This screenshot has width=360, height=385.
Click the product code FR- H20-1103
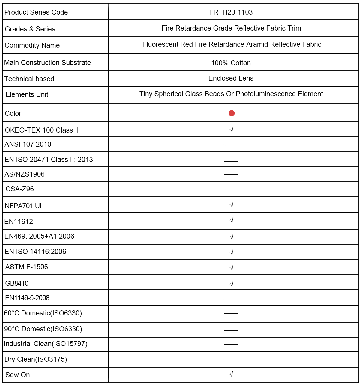231,12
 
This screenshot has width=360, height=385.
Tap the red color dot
231,113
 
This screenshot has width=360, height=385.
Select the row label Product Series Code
36,12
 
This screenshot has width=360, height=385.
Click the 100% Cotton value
231,63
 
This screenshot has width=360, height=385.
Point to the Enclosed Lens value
231,78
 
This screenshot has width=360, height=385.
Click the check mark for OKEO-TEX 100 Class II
231,130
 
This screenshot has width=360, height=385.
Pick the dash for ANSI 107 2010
231,145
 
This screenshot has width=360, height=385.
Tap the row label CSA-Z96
20,189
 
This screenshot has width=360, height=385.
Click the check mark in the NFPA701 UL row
231,205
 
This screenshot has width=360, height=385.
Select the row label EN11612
19,222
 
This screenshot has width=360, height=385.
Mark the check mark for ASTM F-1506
231,267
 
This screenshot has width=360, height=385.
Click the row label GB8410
17,283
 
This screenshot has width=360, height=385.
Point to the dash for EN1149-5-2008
231,299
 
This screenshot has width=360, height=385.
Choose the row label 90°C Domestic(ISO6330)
43,329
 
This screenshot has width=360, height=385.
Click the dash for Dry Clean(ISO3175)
231,359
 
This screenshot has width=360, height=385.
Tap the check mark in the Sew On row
231,374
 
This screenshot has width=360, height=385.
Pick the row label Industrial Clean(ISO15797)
46,344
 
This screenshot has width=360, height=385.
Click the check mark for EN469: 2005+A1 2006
231,237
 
